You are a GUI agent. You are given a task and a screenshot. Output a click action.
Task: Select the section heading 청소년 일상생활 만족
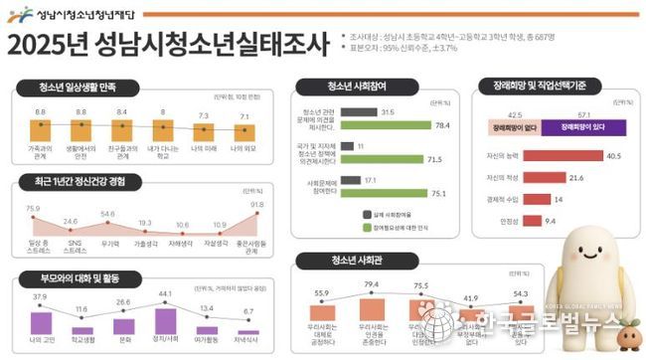[x=79, y=87]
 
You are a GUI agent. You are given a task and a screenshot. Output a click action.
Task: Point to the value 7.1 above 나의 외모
[x=243, y=116]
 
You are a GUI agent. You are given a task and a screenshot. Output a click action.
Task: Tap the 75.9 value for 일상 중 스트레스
[x=33, y=208]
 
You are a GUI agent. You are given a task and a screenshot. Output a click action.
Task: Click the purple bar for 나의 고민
[x=40, y=322]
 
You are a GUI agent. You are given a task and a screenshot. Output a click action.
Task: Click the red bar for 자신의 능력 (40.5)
[x=562, y=156]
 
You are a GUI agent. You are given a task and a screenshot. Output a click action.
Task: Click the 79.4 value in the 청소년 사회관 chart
[x=374, y=285]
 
